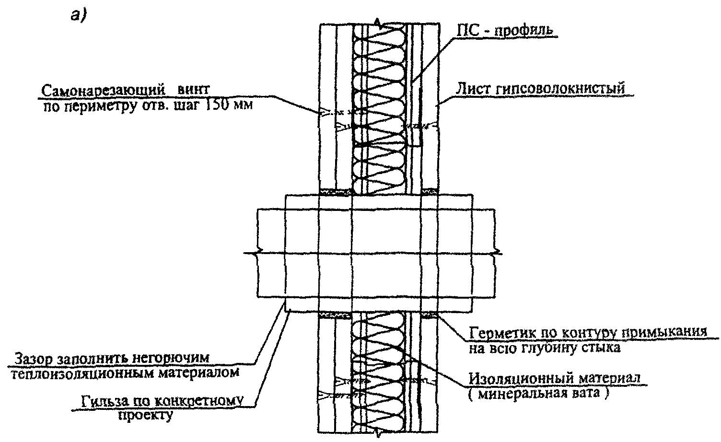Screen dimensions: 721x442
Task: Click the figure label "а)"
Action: point(79,14)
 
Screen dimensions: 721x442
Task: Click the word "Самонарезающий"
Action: point(104,91)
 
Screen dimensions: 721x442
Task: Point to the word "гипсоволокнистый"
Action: point(560,89)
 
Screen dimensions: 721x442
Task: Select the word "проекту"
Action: point(145,415)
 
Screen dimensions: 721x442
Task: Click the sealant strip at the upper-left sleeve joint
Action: point(337,192)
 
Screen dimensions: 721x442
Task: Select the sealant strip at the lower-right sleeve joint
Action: point(429,315)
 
